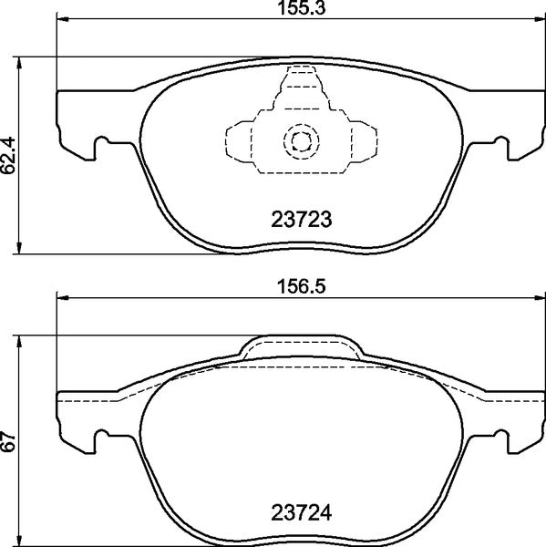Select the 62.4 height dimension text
(x=9, y=156)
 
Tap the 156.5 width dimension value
(x=301, y=284)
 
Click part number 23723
(x=301, y=219)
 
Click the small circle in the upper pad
(x=301, y=140)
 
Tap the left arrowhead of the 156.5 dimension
(x=63, y=294)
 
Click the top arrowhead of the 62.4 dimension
(x=20, y=61)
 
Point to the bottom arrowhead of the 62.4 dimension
(x=20, y=250)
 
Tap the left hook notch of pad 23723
(x=103, y=142)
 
